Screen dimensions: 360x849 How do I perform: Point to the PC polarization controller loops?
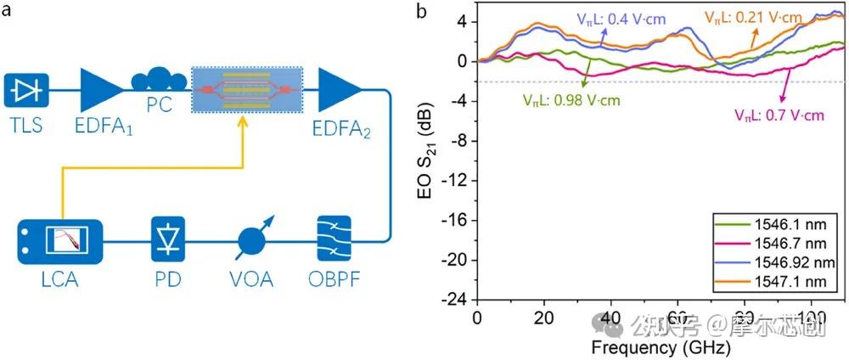point(159,81)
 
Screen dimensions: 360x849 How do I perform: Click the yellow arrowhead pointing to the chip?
point(245,124)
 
